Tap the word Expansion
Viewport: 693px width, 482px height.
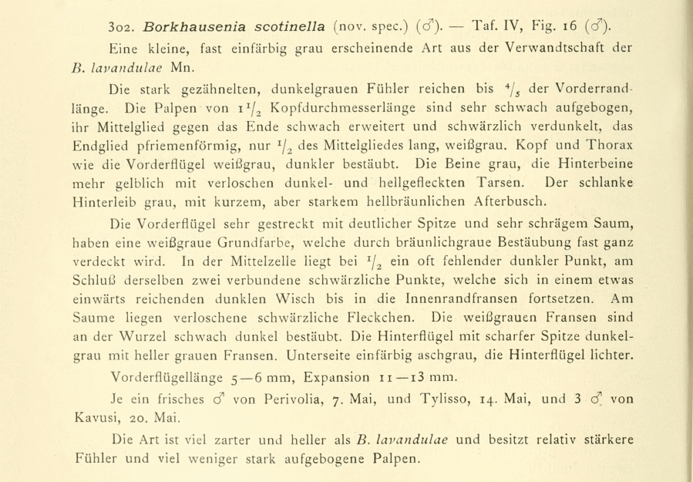click(x=337, y=378)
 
